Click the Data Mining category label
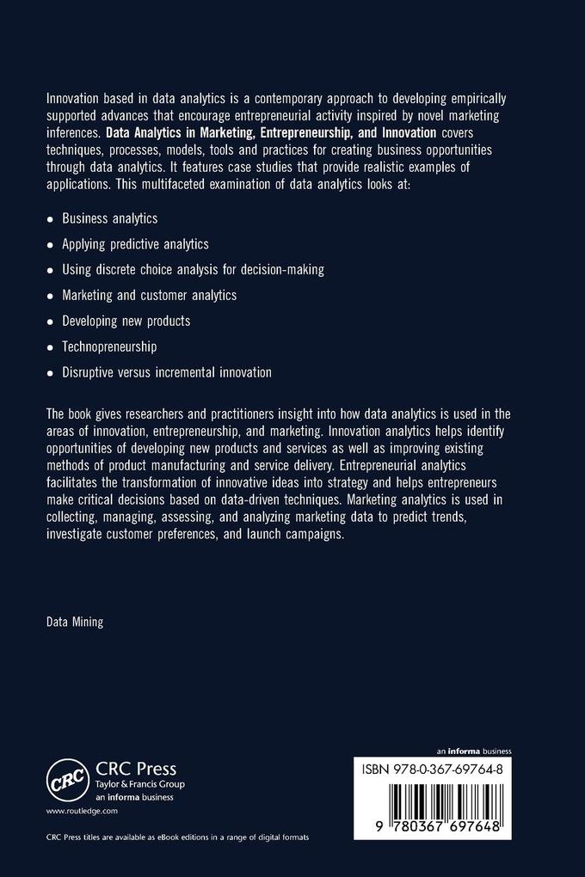[x=75, y=621]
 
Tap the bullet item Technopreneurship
[x=108, y=347]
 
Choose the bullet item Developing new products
[x=126, y=321]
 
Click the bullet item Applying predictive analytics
[x=135, y=244]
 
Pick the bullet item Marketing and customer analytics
[x=149, y=295]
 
